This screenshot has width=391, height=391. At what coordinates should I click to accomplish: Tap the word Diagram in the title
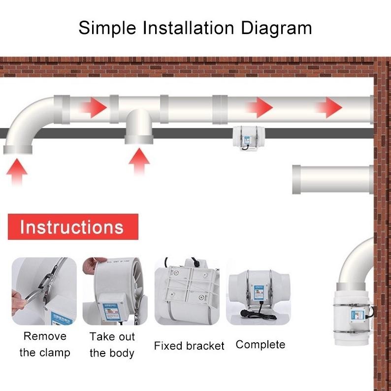[276, 28]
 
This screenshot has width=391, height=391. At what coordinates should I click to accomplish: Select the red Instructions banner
[73, 227]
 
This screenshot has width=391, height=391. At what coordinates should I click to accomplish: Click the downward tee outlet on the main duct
[139, 128]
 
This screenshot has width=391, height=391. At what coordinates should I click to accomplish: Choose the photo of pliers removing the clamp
[44, 291]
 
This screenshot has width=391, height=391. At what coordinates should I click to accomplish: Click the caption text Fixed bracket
[189, 346]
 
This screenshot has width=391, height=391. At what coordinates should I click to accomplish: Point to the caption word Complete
[260, 344]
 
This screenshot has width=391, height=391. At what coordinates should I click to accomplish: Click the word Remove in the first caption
[45, 336]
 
